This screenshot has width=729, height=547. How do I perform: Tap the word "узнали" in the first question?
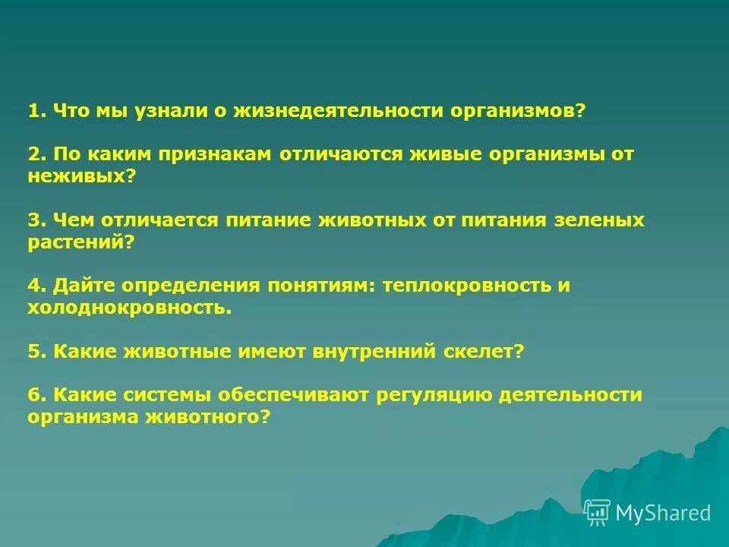(170, 112)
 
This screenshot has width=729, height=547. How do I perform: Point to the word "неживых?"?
(82, 176)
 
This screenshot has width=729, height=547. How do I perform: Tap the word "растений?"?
(81, 242)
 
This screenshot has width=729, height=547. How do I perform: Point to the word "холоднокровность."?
(129, 308)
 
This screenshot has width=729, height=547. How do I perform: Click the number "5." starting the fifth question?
(38, 352)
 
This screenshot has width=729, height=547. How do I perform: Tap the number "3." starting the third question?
(38, 220)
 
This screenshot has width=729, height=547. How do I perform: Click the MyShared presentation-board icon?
(598, 513)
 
